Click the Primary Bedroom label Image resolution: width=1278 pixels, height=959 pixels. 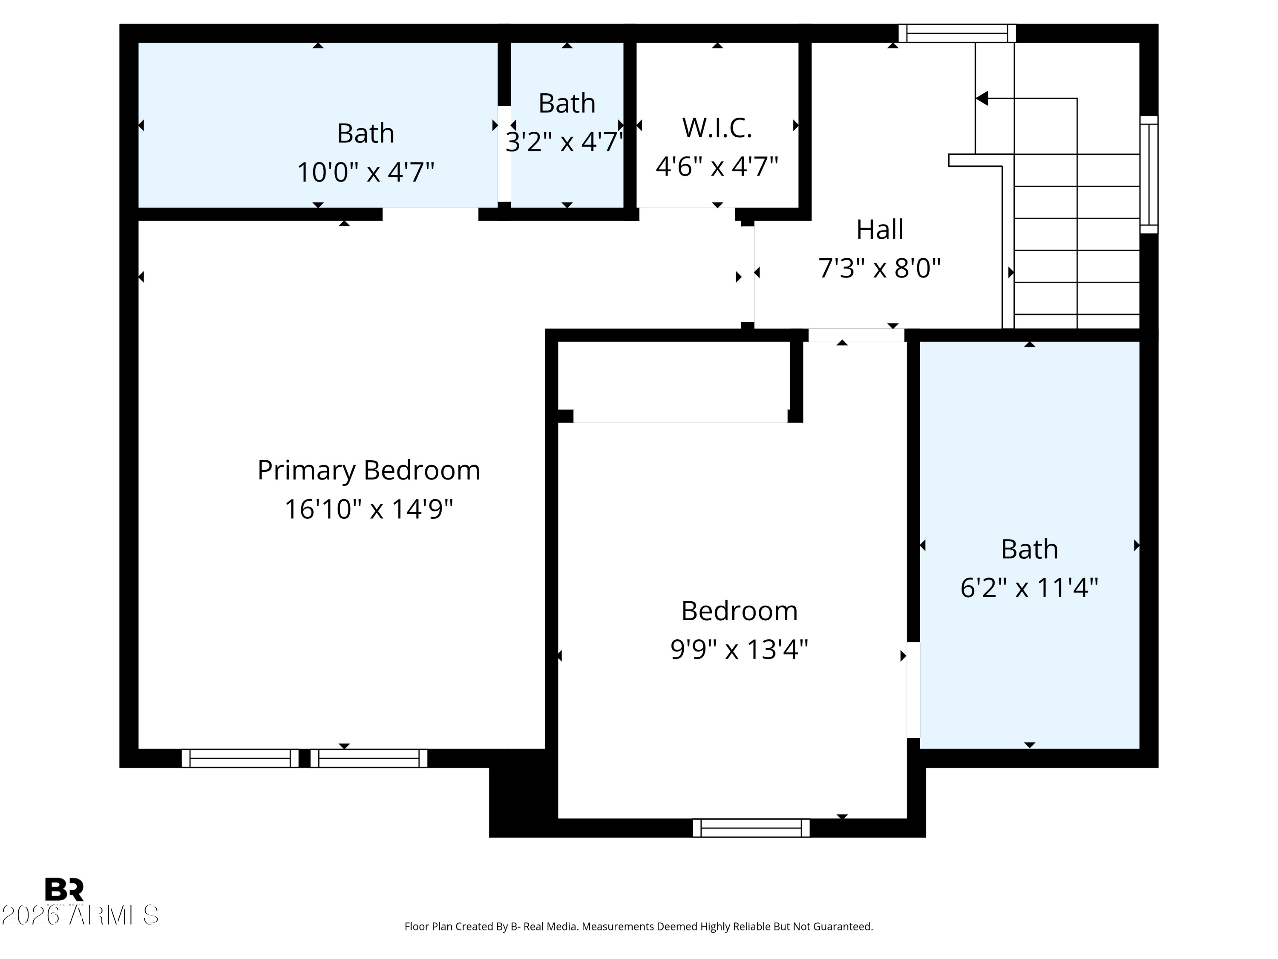(x=368, y=471)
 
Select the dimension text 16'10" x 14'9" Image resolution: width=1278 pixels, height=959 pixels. (x=368, y=509)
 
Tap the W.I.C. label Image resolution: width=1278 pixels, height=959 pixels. (x=717, y=128)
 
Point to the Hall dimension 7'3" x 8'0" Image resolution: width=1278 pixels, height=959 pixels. (x=879, y=268)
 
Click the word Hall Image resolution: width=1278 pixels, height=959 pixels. (x=879, y=229)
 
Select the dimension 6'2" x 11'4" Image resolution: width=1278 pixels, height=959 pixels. (x=1029, y=588)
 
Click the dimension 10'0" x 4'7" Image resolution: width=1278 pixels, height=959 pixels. (x=365, y=172)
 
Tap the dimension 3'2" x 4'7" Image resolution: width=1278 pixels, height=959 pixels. (x=565, y=142)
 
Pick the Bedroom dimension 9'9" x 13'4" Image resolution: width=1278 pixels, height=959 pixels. (x=739, y=649)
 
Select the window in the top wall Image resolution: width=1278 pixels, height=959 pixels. (x=957, y=34)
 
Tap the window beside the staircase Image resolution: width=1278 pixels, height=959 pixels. (x=1148, y=175)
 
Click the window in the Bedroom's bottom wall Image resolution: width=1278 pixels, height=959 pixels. (x=751, y=828)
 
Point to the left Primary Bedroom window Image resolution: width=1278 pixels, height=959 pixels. (x=240, y=758)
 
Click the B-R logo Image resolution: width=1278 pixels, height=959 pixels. (x=64, y=889)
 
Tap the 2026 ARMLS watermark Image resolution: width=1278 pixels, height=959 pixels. (x=80, y=915)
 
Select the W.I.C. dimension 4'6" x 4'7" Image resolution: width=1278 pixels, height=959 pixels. (x=717, y=167)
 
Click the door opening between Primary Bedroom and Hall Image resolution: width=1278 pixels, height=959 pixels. (x=748, y=274)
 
